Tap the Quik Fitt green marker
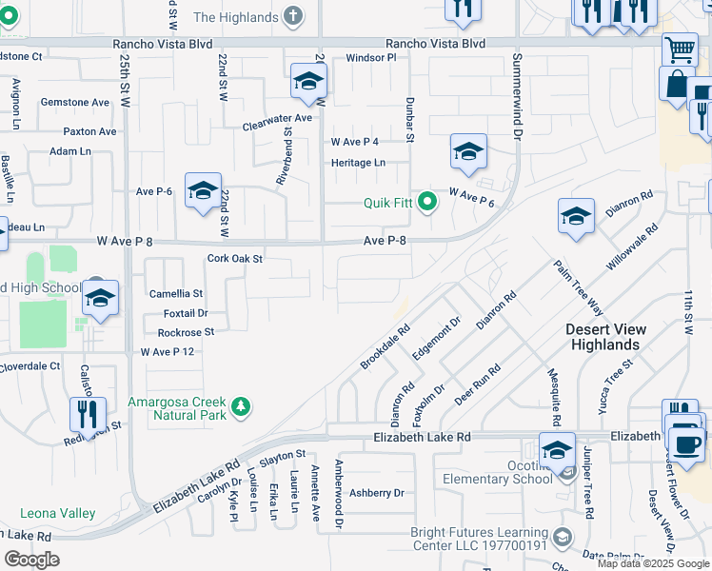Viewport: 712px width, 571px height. click(427, 201)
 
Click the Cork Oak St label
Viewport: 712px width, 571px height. click(234, 258)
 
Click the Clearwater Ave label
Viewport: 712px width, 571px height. click(277, 117)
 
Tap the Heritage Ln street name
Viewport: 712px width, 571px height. click(358, 163)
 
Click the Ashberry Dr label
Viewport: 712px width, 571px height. click(377, 493)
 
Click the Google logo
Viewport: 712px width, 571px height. click(31, 560)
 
